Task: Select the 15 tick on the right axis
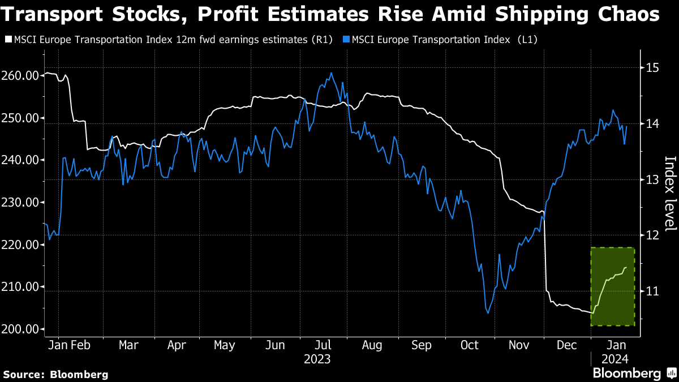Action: [x=651, y=68]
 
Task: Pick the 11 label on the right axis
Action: [x=651, y=291]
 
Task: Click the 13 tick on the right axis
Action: [x=651, y=179]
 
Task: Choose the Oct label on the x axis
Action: [x=470, y=345]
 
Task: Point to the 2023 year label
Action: [x=317, y=359]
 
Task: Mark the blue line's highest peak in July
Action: [x=331, y=73]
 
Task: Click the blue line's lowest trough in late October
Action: [x=488, y=313]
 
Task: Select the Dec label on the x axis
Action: [x=566, y=345]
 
